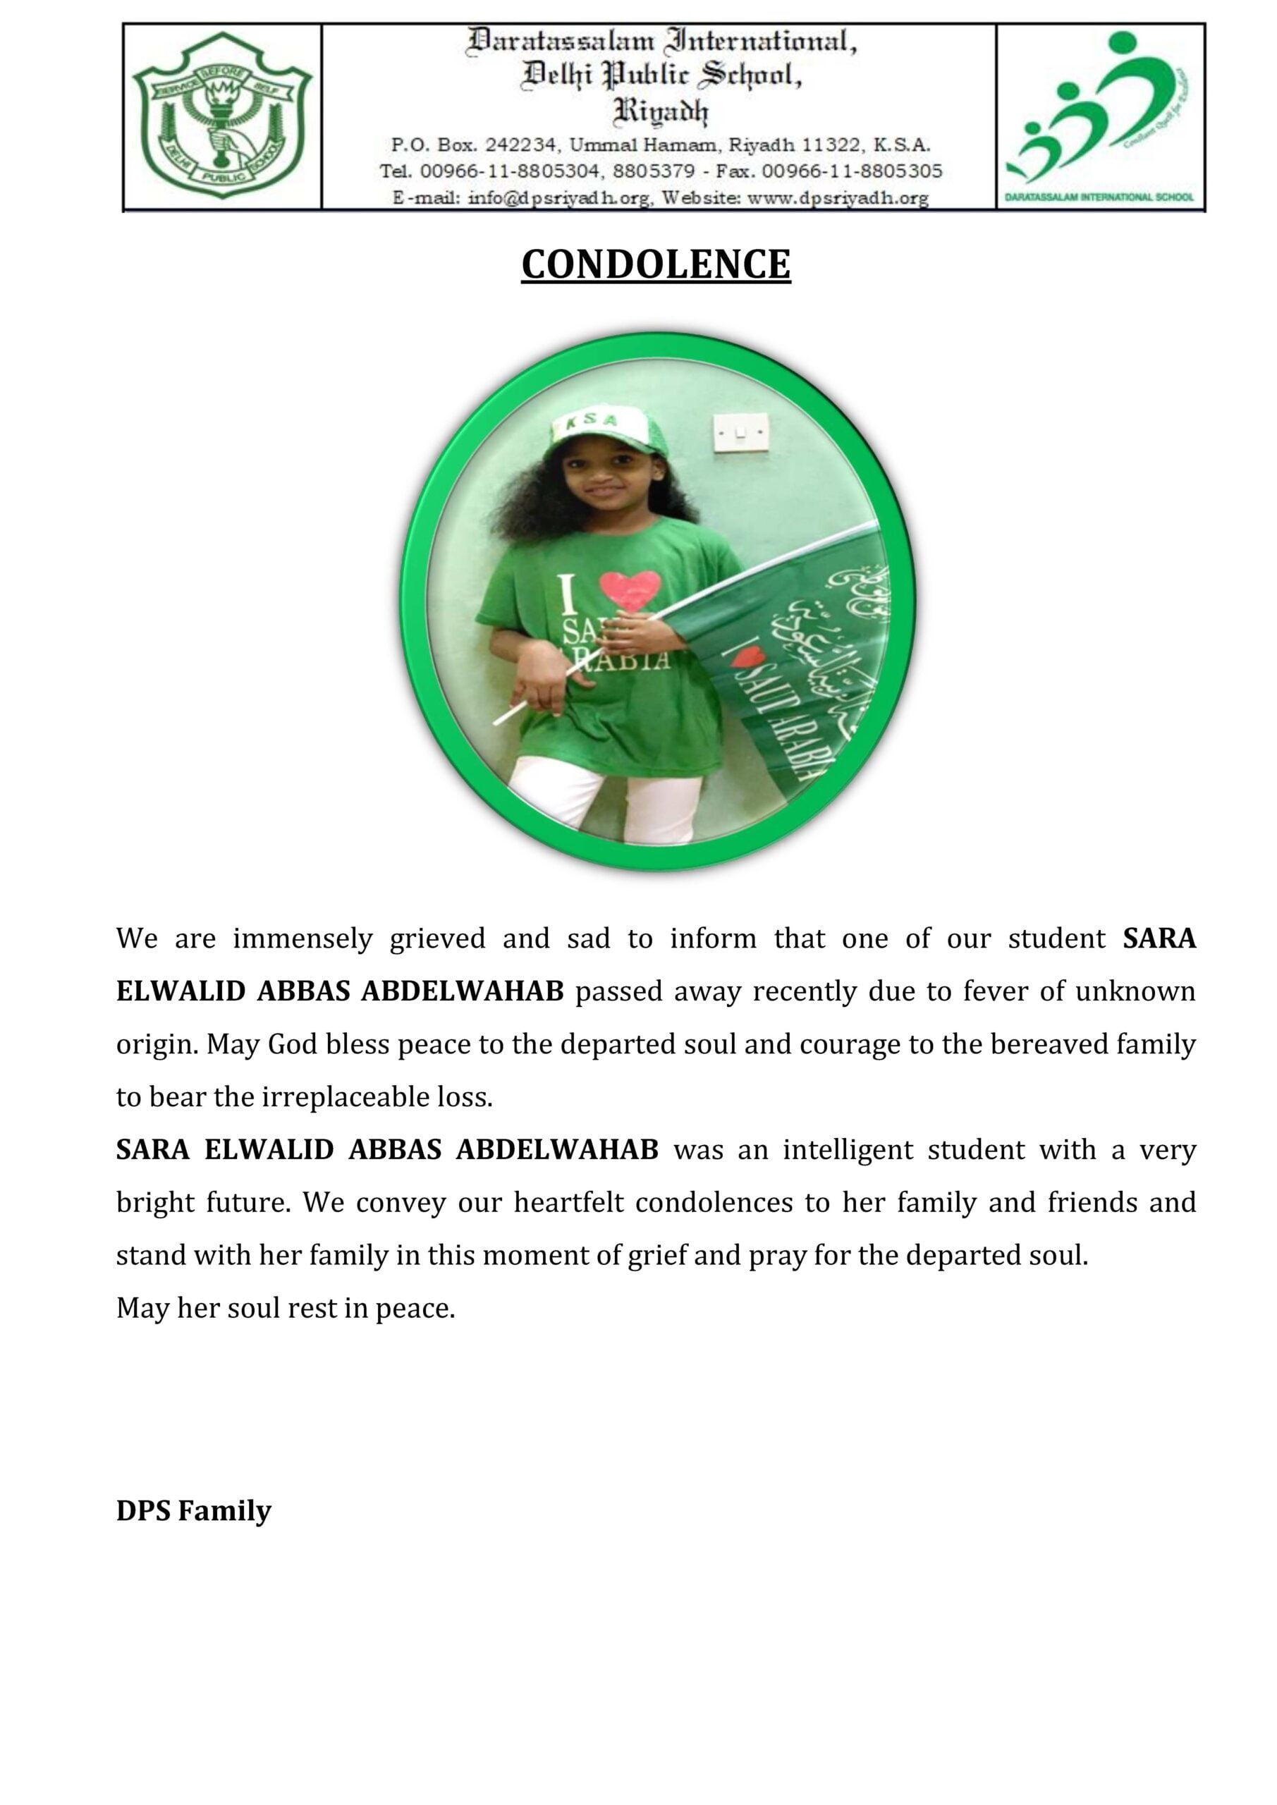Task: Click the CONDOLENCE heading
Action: tap(655, 265)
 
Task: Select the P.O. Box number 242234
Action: tap(520, 145)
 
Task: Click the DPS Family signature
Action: tap(193, 1510)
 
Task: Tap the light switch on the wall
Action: tap(740, 431)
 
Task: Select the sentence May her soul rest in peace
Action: tap(286, 1308)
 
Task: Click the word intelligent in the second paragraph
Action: tap(848, 1150)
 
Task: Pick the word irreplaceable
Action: tap(343, 1098)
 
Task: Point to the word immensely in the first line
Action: tap(303, 939)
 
